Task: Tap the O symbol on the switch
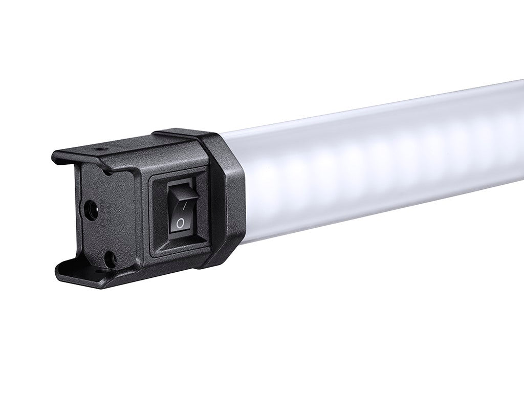click(x=180, y=223)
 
